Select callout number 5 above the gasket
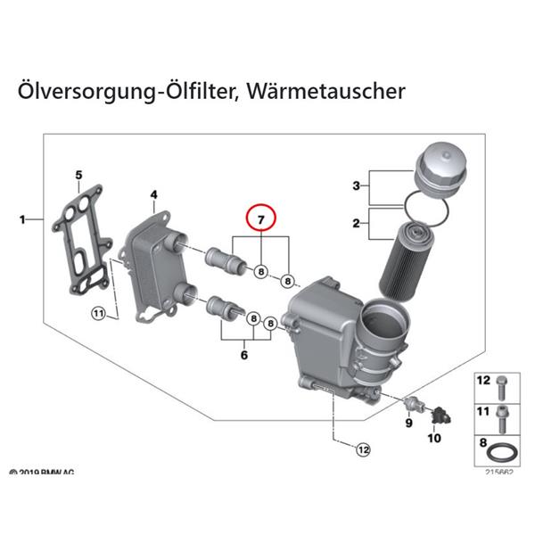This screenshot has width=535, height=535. click(78, 175)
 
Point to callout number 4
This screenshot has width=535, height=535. click(153, 194)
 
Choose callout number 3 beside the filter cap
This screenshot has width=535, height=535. click(356, 186)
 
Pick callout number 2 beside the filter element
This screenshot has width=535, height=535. click(356, 225)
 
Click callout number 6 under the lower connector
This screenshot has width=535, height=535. click(243, 355)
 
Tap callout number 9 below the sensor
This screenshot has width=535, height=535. click(408, 424)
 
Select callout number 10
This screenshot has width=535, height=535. click(436, 438)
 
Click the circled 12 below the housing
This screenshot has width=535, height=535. click(362, 450)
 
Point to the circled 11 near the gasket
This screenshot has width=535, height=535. click(98, 313)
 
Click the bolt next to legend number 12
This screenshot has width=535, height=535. click(502, 385)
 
